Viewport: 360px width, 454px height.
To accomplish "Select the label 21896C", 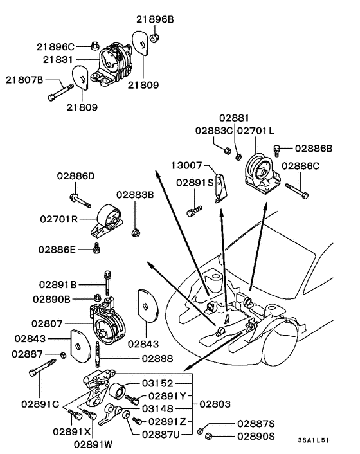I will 55,46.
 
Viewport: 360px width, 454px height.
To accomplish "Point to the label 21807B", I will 24,80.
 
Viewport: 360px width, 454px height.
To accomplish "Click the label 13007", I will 187,165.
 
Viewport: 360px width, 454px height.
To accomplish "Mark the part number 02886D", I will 75,176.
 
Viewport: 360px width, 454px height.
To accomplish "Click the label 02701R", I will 58,219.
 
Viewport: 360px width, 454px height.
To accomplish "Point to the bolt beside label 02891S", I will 194,209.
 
